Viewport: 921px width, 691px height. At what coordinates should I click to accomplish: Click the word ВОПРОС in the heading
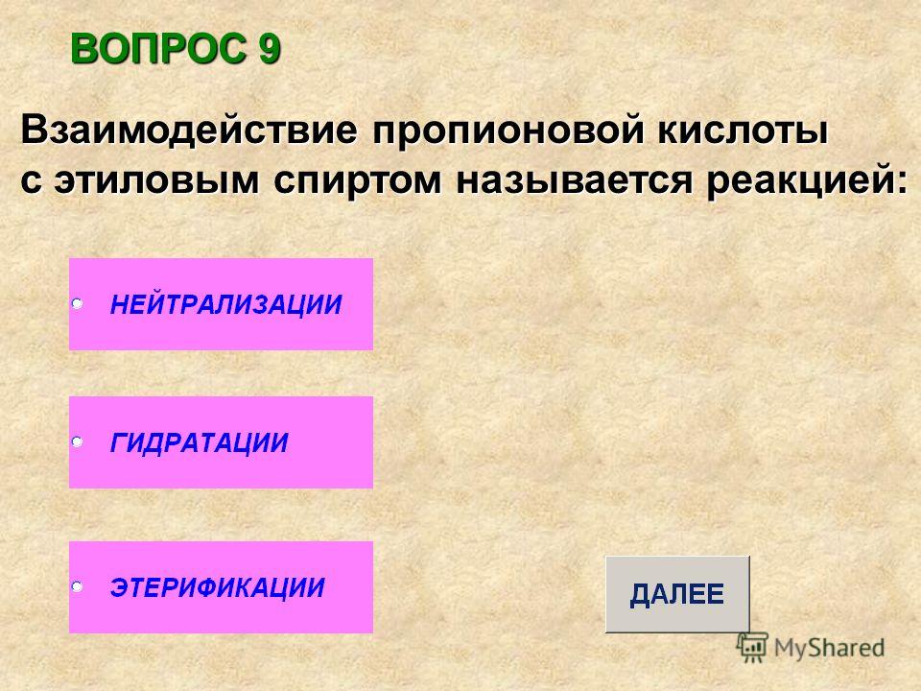click(158, 48)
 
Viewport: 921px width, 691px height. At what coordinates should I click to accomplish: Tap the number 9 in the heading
click(269, 48)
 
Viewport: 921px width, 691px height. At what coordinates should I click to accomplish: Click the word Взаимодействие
click(189, 131)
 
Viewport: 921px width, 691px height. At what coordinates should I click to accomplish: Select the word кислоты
click(743, 131)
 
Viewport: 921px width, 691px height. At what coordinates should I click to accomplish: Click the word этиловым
click(156, 180)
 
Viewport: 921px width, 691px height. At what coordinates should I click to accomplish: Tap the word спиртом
click(358, 181)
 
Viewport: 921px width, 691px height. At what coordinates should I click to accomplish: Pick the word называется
click(574, 181)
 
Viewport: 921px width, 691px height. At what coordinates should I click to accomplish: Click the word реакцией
click(800, 181)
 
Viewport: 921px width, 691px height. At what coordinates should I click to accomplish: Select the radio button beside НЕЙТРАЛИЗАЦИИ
click(77, 304)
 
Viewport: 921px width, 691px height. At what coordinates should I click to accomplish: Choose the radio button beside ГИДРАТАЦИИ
click(77, 441)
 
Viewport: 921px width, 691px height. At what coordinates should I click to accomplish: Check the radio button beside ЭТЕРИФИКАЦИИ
click(77, 586)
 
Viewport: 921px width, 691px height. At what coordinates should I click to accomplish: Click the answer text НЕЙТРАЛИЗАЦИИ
click(226, 304)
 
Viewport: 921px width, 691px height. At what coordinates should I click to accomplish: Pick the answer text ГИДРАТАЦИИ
click(200, 442)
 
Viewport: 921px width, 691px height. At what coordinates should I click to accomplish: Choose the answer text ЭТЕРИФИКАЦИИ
click(218, 587)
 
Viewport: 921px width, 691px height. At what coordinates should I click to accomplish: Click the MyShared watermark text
click(829, 648)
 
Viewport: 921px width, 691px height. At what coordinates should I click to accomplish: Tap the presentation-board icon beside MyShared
click(752, 647)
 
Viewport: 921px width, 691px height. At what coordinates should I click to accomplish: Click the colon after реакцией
click(902, 182)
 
